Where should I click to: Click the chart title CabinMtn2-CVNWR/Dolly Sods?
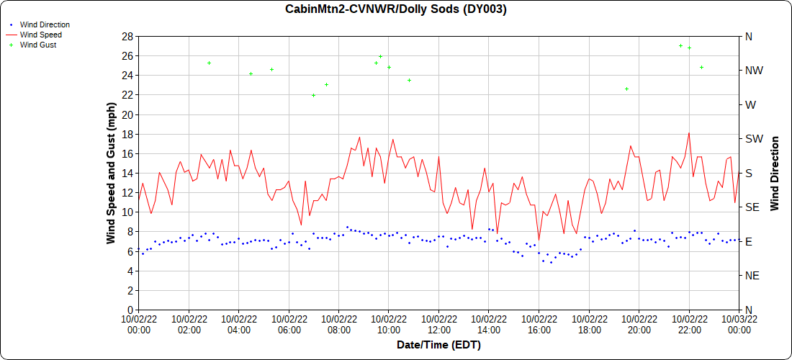[396, 9]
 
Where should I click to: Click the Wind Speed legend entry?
[40, 35]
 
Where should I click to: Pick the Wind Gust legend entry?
[38, 45]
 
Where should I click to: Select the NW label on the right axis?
[753, 71]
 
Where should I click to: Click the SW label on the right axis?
[753, 138]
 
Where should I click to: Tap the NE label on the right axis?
[752, 275]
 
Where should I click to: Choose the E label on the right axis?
[749, 241]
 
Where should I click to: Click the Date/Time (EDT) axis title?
[438, 345]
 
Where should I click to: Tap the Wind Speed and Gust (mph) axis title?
[112, 173]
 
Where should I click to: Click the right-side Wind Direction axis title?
[775, 173]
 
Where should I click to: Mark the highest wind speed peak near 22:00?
[689, 132]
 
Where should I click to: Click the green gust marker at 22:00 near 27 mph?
[689, 48]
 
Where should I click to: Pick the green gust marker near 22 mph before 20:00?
[626, 89]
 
